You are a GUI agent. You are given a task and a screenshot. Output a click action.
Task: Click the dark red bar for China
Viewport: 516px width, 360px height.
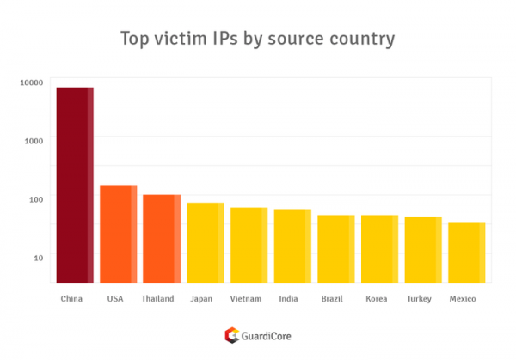(x=74, y=185)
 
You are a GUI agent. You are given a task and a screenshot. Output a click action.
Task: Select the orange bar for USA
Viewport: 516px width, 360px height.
(x=118, y=234)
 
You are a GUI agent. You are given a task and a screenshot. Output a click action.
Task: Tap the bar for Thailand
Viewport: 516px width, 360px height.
(x=162, y=239)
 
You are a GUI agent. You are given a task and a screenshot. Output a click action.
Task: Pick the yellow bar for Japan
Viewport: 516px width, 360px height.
(x=206, y=242)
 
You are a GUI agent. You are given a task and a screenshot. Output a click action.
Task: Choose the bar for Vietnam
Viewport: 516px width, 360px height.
(x=249, y=245)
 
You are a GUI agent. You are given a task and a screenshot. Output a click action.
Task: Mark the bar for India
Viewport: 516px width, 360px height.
(x=292, y=246)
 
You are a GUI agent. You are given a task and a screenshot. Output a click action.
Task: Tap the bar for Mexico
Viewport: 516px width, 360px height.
(x=467, y=252)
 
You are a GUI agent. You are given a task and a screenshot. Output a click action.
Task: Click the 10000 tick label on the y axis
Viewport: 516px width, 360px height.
(x=31, y=82)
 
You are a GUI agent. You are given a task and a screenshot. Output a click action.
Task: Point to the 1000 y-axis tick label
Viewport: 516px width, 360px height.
(x=33, y=141)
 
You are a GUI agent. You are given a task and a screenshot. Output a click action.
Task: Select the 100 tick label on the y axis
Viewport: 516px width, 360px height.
(x=35, y=199)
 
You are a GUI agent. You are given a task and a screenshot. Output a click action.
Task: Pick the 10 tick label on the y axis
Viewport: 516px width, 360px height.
(x=38, y=257)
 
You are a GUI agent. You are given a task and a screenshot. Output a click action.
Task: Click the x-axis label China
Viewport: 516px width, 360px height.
(x=72, y=299)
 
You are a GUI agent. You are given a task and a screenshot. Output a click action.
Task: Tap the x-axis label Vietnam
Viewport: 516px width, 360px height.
(x=246, y=299)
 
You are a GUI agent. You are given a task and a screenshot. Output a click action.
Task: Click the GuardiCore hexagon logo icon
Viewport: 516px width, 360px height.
(x=230, y=335)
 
